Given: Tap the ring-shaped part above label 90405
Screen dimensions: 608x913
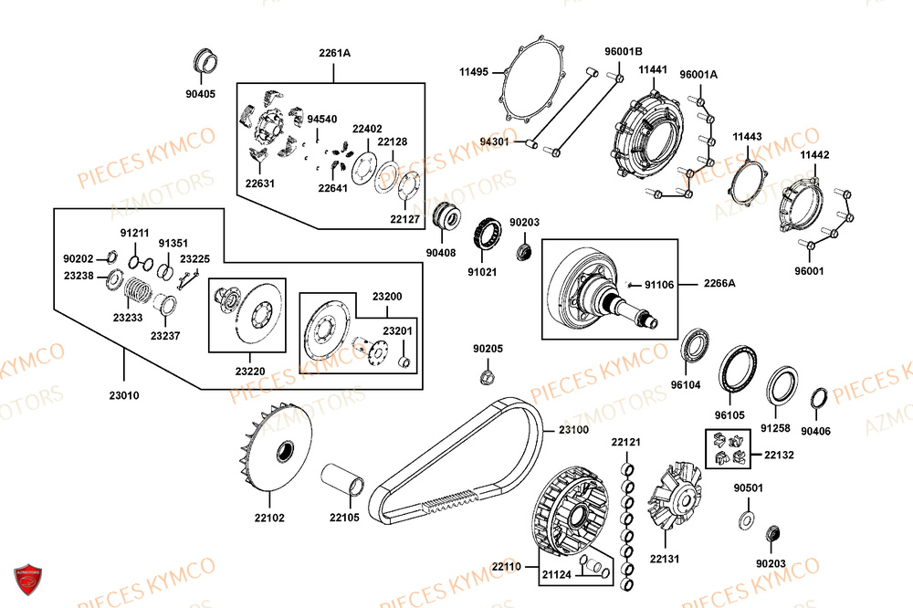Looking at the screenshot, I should click(207, 64).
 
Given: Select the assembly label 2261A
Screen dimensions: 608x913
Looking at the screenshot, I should click(334, 53).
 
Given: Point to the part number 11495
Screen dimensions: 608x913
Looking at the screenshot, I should click(474, 70).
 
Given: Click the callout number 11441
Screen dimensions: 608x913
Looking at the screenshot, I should click(653, 70).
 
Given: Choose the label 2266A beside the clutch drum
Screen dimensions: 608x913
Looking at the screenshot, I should click(719, 284).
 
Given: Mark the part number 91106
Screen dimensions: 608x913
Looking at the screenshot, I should click(659, 285).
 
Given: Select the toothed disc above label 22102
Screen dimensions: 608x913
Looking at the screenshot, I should click(279, 449).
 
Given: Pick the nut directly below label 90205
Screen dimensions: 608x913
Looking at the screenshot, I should click(488, 376).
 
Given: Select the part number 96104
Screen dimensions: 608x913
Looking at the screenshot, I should click(686, 385).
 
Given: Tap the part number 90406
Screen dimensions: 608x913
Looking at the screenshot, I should click(815, 431).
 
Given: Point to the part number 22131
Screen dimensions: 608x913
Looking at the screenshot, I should click(665, 559).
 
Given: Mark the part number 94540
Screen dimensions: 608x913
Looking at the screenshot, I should click(321, 120).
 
